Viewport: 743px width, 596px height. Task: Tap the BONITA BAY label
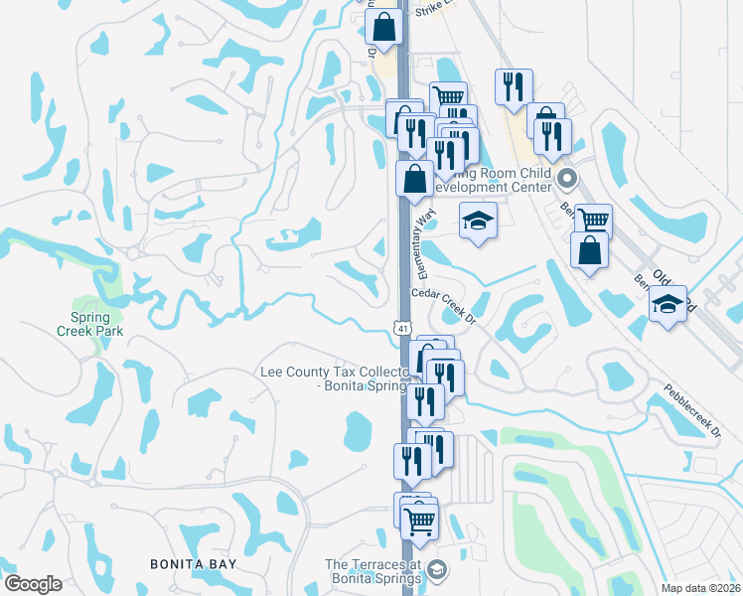click(193, 564)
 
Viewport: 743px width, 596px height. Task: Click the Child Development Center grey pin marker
click(567, 180)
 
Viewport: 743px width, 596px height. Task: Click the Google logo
click(33, 584)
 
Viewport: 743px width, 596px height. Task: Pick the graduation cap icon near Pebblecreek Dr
click(669, 303)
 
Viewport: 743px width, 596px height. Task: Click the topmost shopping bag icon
click(383, 27)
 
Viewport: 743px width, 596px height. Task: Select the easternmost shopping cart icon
click(593, 220)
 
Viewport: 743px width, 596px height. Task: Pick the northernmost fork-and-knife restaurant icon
click(514, 85)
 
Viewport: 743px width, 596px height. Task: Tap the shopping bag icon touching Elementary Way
click(415, 179)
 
